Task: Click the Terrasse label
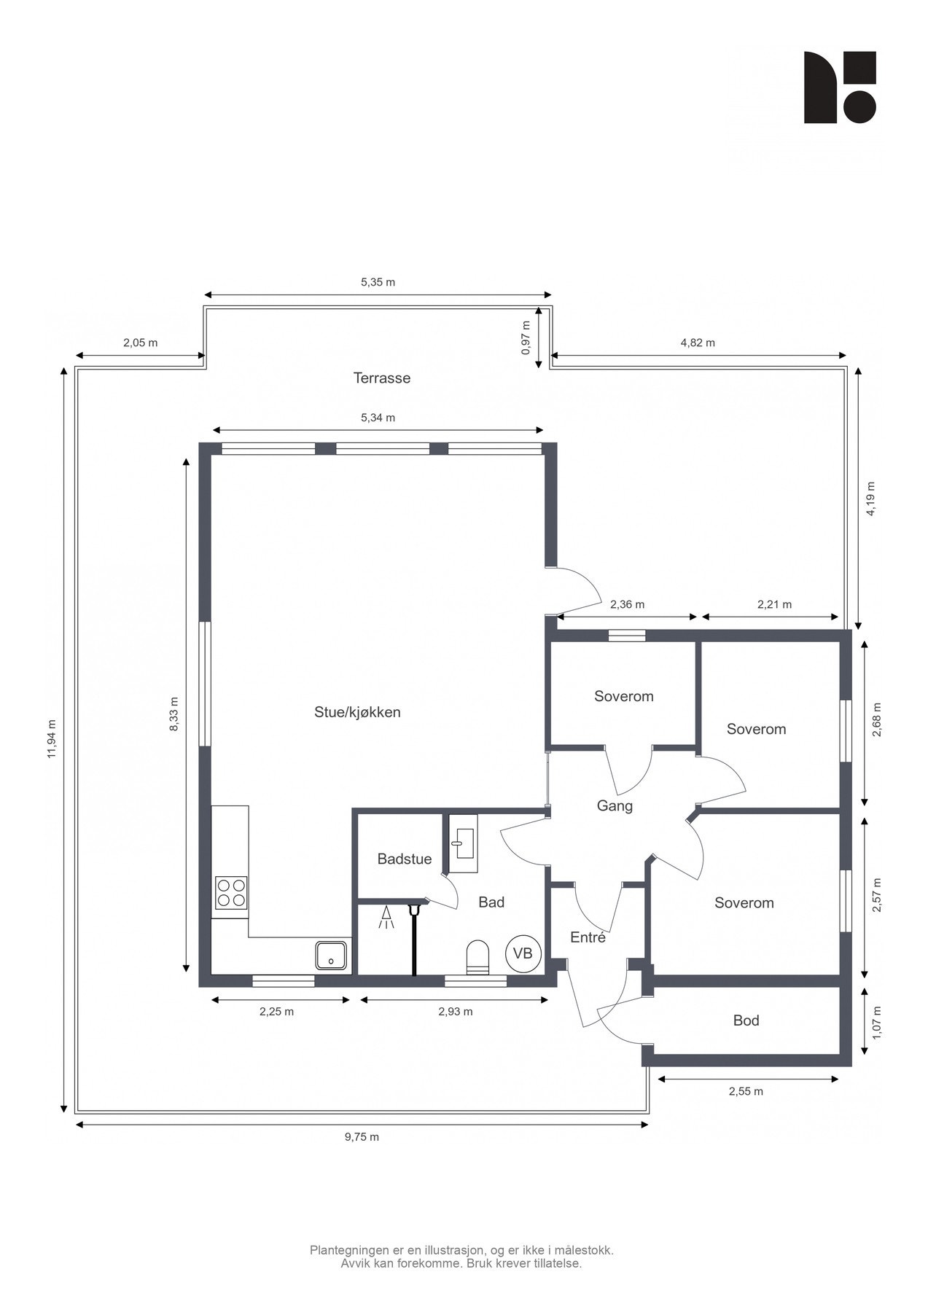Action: tap(381, 378)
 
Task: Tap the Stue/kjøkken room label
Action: tap(357, 712)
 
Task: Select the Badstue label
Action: tap(404, 859)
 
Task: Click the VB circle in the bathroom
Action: tap(523, 953)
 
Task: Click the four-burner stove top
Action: tap(230, 893)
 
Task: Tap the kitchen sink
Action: tap(331, 955)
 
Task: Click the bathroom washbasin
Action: tap(461, 844)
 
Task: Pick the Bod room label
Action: tap(746, 1020)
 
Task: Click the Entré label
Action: tap(588, 937)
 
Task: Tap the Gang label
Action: tap(615, 805)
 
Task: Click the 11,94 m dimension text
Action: tap(52, 738)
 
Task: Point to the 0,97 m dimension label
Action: tap(526, 337)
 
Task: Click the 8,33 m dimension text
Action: tap(173, 714)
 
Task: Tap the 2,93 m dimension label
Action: tap(455, 1012)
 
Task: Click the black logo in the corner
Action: tap(839, 87)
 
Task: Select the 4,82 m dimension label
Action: tap(697, 343)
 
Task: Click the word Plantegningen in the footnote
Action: tap(350, 1250)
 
